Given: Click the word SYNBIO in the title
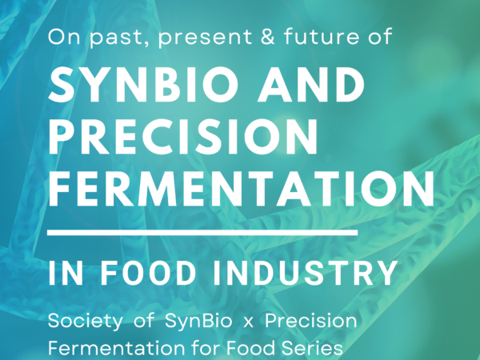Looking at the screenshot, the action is click(143, 84).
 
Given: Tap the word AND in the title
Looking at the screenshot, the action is click(311, 84).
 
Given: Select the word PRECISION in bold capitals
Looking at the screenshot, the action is click(182, 136).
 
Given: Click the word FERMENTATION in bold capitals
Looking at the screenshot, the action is click(242, 189).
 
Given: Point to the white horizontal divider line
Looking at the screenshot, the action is click(202, 233).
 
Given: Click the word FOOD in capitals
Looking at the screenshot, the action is click(149, 273).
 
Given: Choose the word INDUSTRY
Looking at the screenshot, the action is click(305, 273).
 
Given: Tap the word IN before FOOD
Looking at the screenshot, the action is click(66, 273).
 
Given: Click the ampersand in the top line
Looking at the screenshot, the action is click(268, 37).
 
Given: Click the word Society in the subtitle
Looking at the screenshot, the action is click(85, 322).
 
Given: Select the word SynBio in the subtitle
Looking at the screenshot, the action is click(198, 322).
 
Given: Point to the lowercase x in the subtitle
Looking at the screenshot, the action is click(248, 323).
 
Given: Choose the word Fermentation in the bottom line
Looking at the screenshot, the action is click(116, 348).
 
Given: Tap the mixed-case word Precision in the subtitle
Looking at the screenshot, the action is click(310, 321).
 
